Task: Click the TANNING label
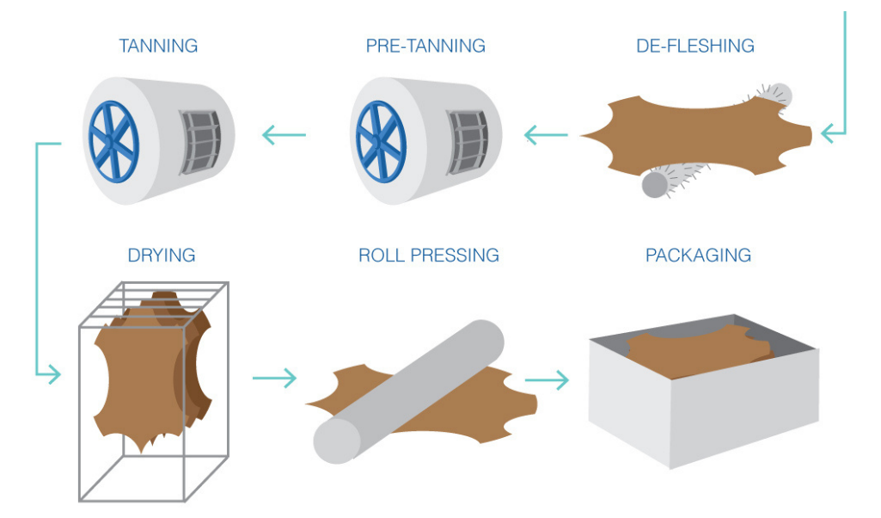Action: pos(158,46)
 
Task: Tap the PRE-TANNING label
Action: pos(425,46)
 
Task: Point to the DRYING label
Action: pos(162,256)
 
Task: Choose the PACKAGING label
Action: pos(698,256)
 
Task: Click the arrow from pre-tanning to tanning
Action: pos(284,134)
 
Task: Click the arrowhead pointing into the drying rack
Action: pos(52,374)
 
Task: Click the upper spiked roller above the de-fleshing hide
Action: pos(776,94)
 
